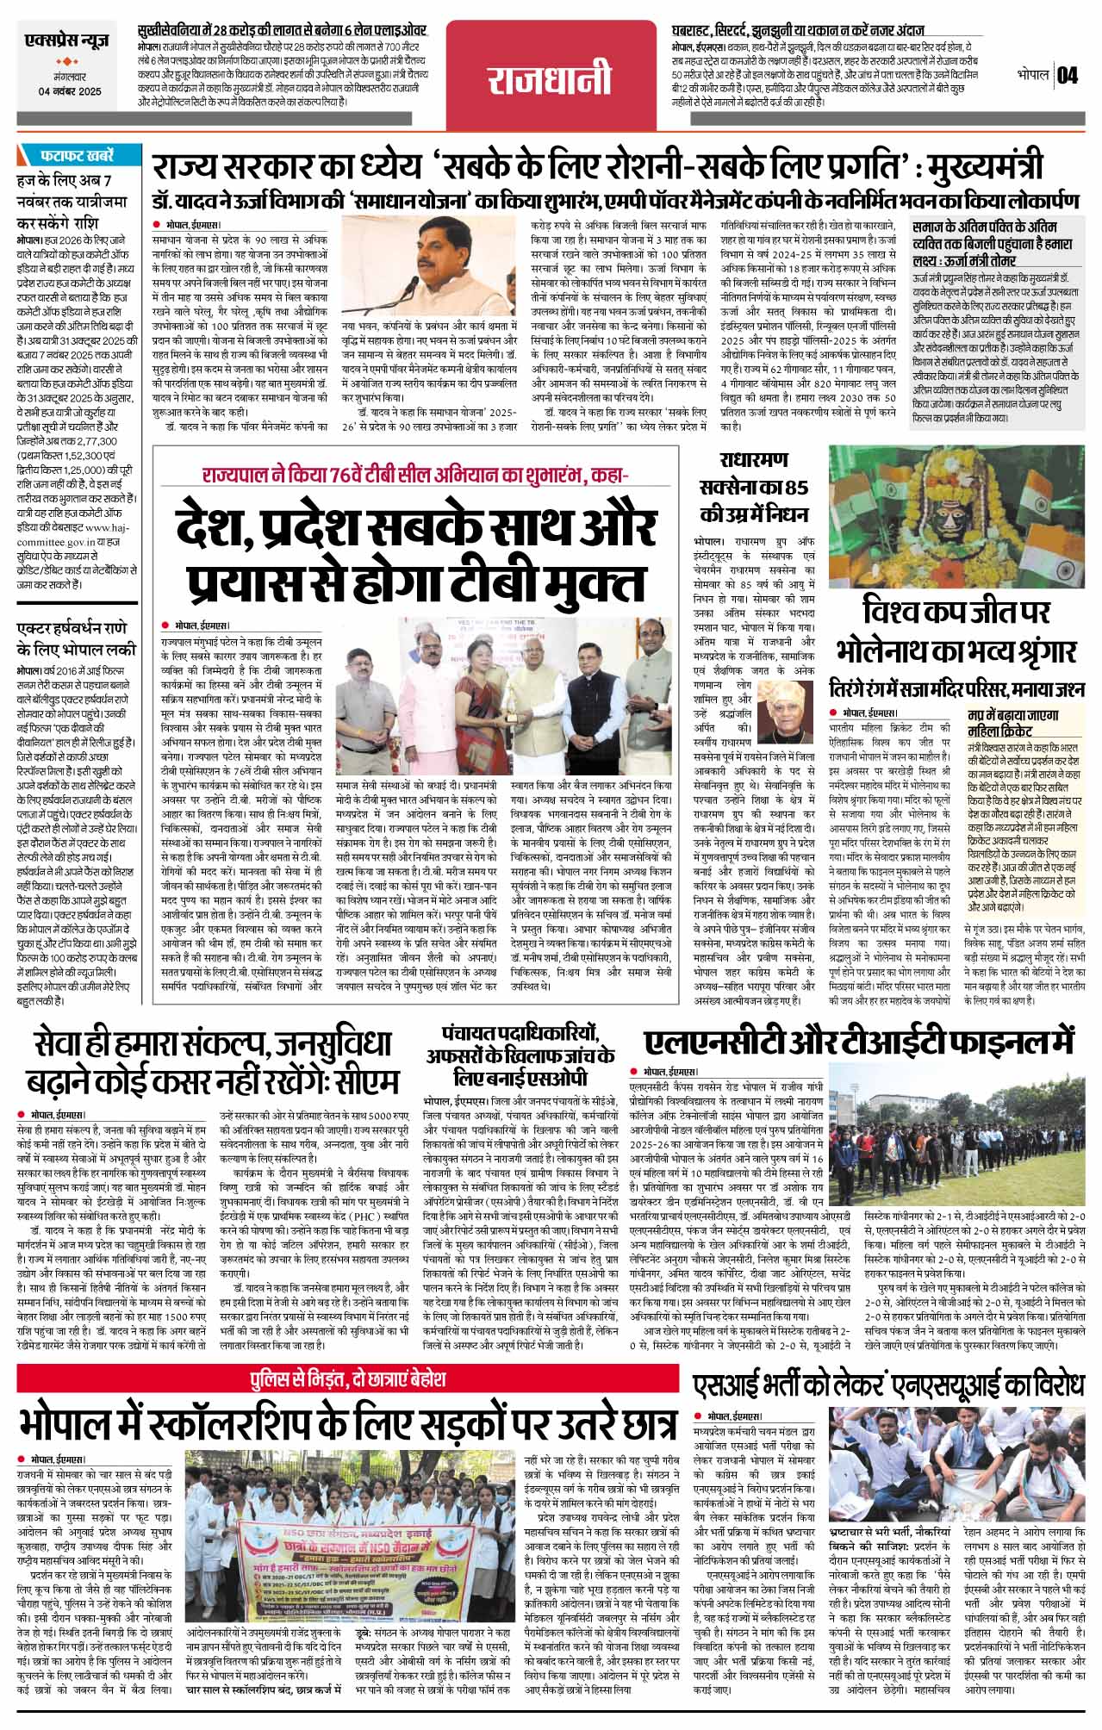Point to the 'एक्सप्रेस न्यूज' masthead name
70,40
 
